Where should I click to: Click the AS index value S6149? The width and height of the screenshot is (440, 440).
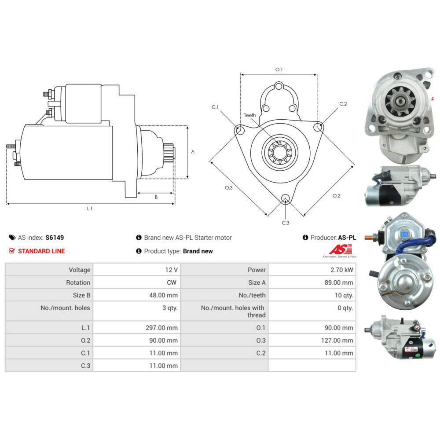[55, 238]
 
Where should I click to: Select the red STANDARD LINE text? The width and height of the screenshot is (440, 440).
[41, 251]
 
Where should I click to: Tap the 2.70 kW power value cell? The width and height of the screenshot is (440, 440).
[312, 270]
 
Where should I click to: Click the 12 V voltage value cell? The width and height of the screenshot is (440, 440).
[137, 270]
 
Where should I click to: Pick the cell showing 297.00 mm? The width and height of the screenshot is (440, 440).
[137, 327]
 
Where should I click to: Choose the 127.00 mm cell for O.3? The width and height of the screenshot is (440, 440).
[312, 340]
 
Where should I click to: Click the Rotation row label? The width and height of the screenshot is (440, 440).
[78, 282]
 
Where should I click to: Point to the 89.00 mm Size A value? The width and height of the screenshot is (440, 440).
[339, 282]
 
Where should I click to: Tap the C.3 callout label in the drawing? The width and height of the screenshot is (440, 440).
[286, 223]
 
